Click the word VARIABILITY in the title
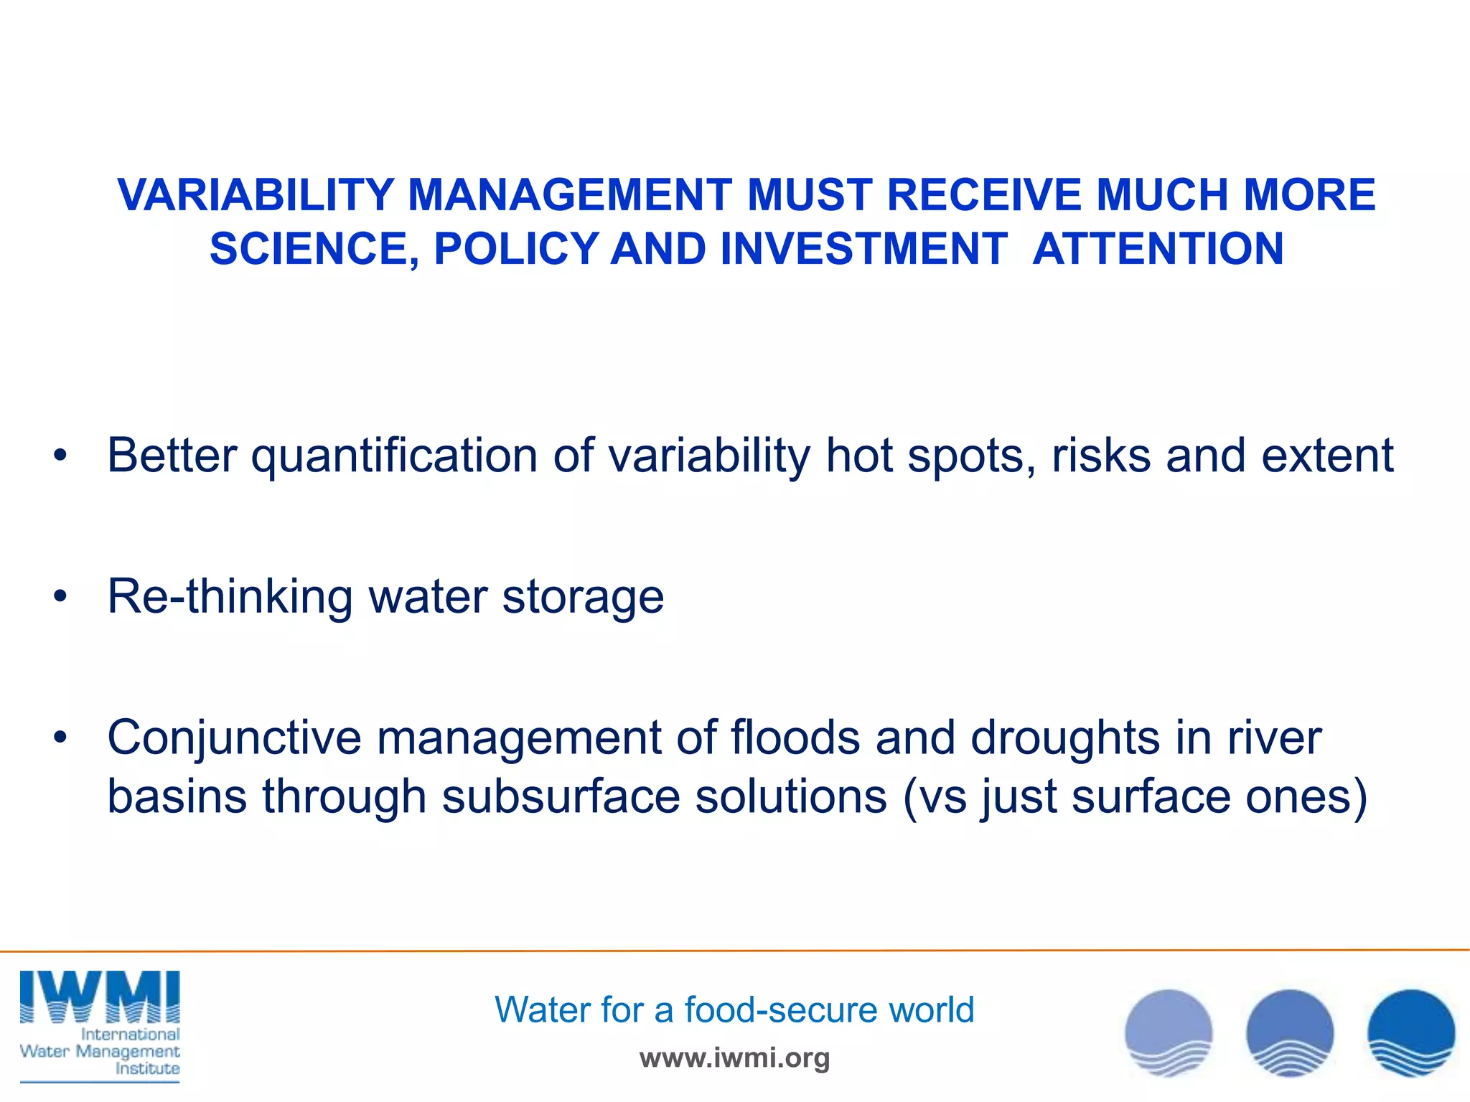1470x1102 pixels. (x=256, y=195)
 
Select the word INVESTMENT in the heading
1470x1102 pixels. (x=863, y=249)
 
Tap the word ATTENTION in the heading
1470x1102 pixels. (x=1158, y=249)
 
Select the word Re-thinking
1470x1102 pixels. (x=230, y=597)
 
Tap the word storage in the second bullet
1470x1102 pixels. (x=583, y=597)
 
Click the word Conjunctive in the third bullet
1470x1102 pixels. (x=234, y=738)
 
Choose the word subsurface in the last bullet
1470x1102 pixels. (x=561, y=797)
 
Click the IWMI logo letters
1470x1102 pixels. (x=100, y=997)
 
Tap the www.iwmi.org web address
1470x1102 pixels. (x=734, y=1058)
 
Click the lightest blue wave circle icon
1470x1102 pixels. (x=1168, y=1033)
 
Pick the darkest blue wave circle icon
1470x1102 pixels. (x=1410, y=1033)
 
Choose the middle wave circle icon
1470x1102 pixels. (x=1289, y=1033)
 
